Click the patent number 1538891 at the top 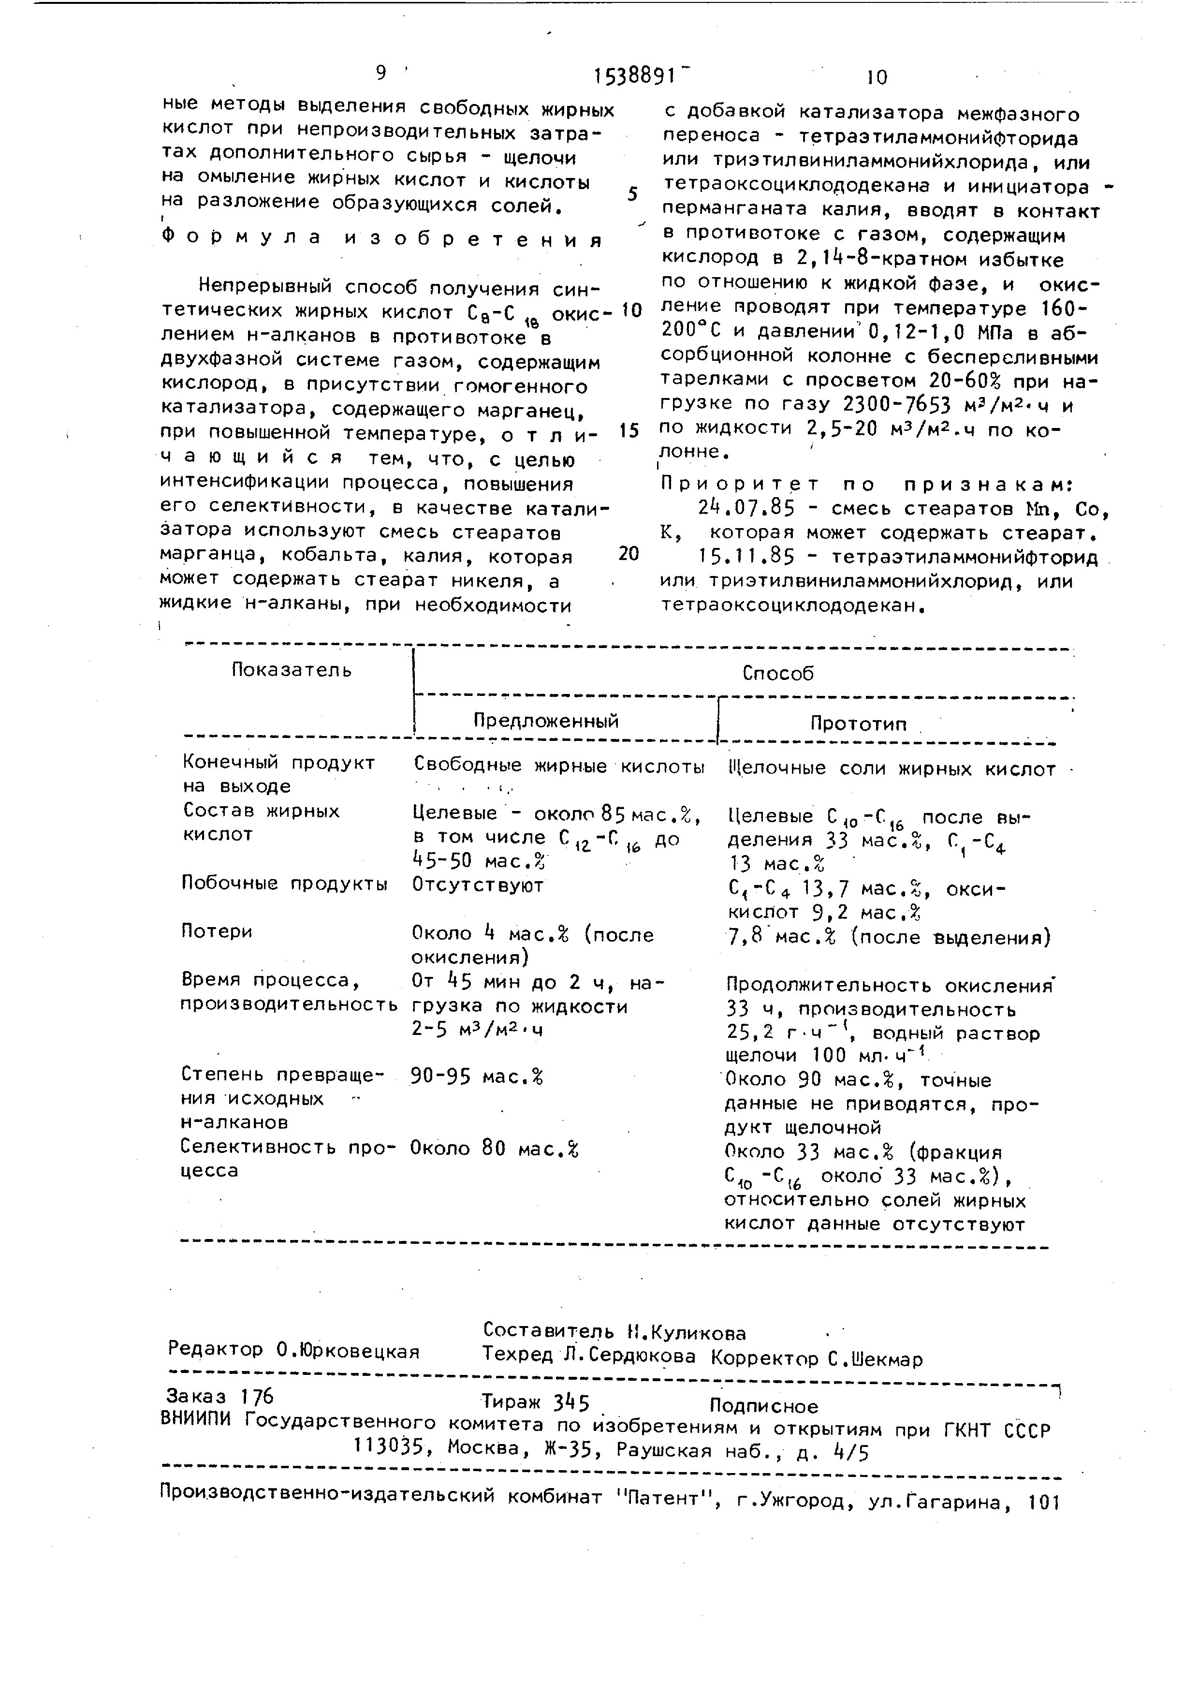click(x=635, y=75)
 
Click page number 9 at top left click(x=381, y=73)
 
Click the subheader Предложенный click(x=546, y=721)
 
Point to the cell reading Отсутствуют click(x=477, y=885)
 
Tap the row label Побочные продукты click(x=284, y=884)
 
